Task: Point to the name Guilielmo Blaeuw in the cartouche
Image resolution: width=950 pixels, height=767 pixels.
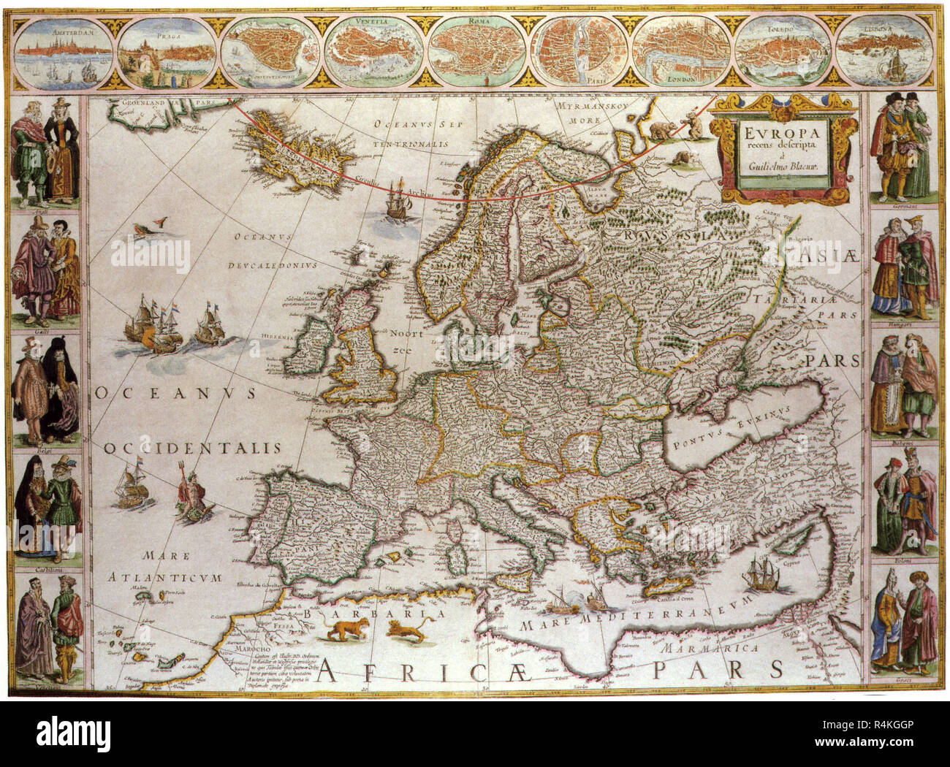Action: [782, 166]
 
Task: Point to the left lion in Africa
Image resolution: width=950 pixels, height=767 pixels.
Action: [346, 630]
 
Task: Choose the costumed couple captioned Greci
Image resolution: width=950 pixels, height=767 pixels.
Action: [903, 621]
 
